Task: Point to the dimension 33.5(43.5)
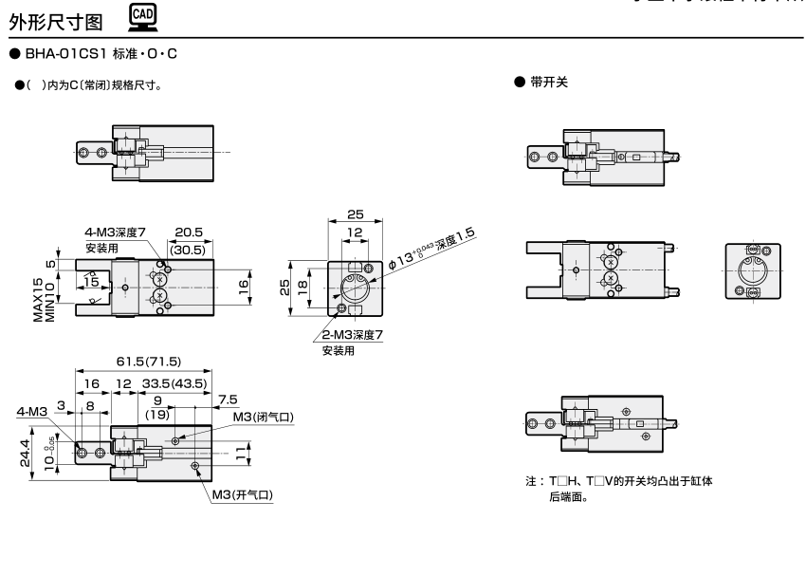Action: tap(175, 383)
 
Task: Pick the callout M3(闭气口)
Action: tap(264, 417)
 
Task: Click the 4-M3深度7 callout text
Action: tap(116, 232)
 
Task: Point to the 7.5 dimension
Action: tap(229, 399)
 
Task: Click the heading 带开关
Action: tap(548, 83)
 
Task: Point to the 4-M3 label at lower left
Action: tap(32, 412)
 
